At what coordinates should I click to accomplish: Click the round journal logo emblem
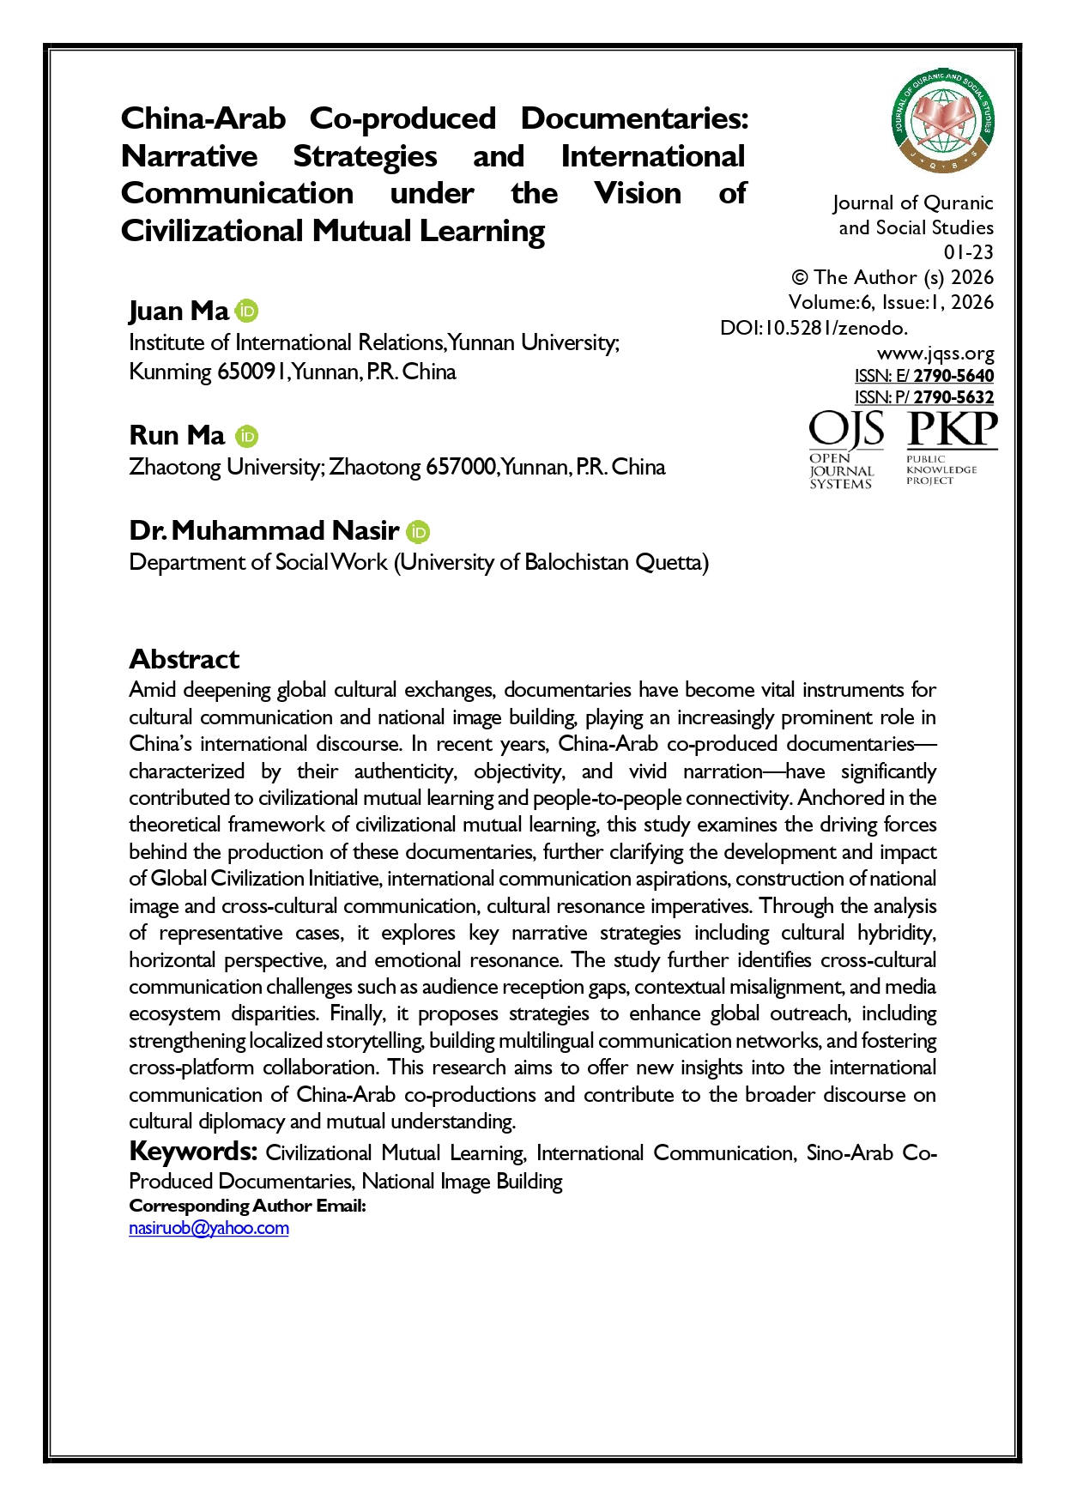pos(943,120)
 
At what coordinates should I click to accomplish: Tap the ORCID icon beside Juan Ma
pos(247,311)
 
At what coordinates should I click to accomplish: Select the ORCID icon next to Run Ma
pos(247,436)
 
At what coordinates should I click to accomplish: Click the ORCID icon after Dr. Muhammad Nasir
pos(418,532)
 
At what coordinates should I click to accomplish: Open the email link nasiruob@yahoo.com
pos(209,1228)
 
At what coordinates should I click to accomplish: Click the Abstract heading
pos(184,659)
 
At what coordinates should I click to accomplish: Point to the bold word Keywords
pos(193,1151)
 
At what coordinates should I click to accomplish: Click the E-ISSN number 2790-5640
pos(953,376)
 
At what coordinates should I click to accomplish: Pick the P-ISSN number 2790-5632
pos(953,397)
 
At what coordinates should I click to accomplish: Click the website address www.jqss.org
pos(935,354)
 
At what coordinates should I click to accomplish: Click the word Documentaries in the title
pos(634,118)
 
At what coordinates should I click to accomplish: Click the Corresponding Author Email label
pos(247,1206)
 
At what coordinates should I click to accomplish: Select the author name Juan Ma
pos(179,311)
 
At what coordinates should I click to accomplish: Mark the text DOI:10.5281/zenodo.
pos(814,328)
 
